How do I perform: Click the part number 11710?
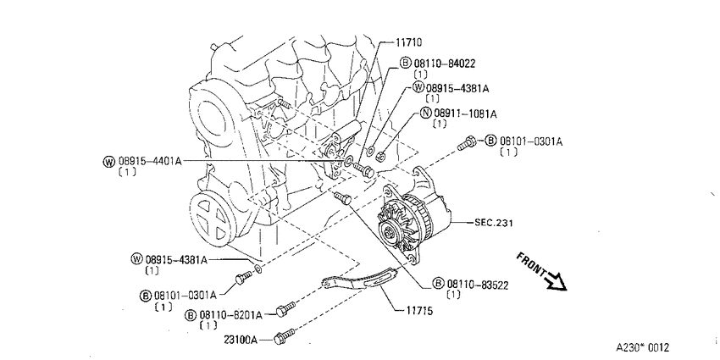coord(408,42)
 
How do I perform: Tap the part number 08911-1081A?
coord(465,114)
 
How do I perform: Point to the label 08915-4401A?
coord(150,161)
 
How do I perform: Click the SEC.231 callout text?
coord(494,223)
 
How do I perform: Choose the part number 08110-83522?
coord(478,285)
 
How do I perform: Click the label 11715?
coord(418,311)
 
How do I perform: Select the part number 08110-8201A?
coord(230,315)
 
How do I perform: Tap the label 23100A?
coord(241,340)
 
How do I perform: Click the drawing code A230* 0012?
coord(642,347)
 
